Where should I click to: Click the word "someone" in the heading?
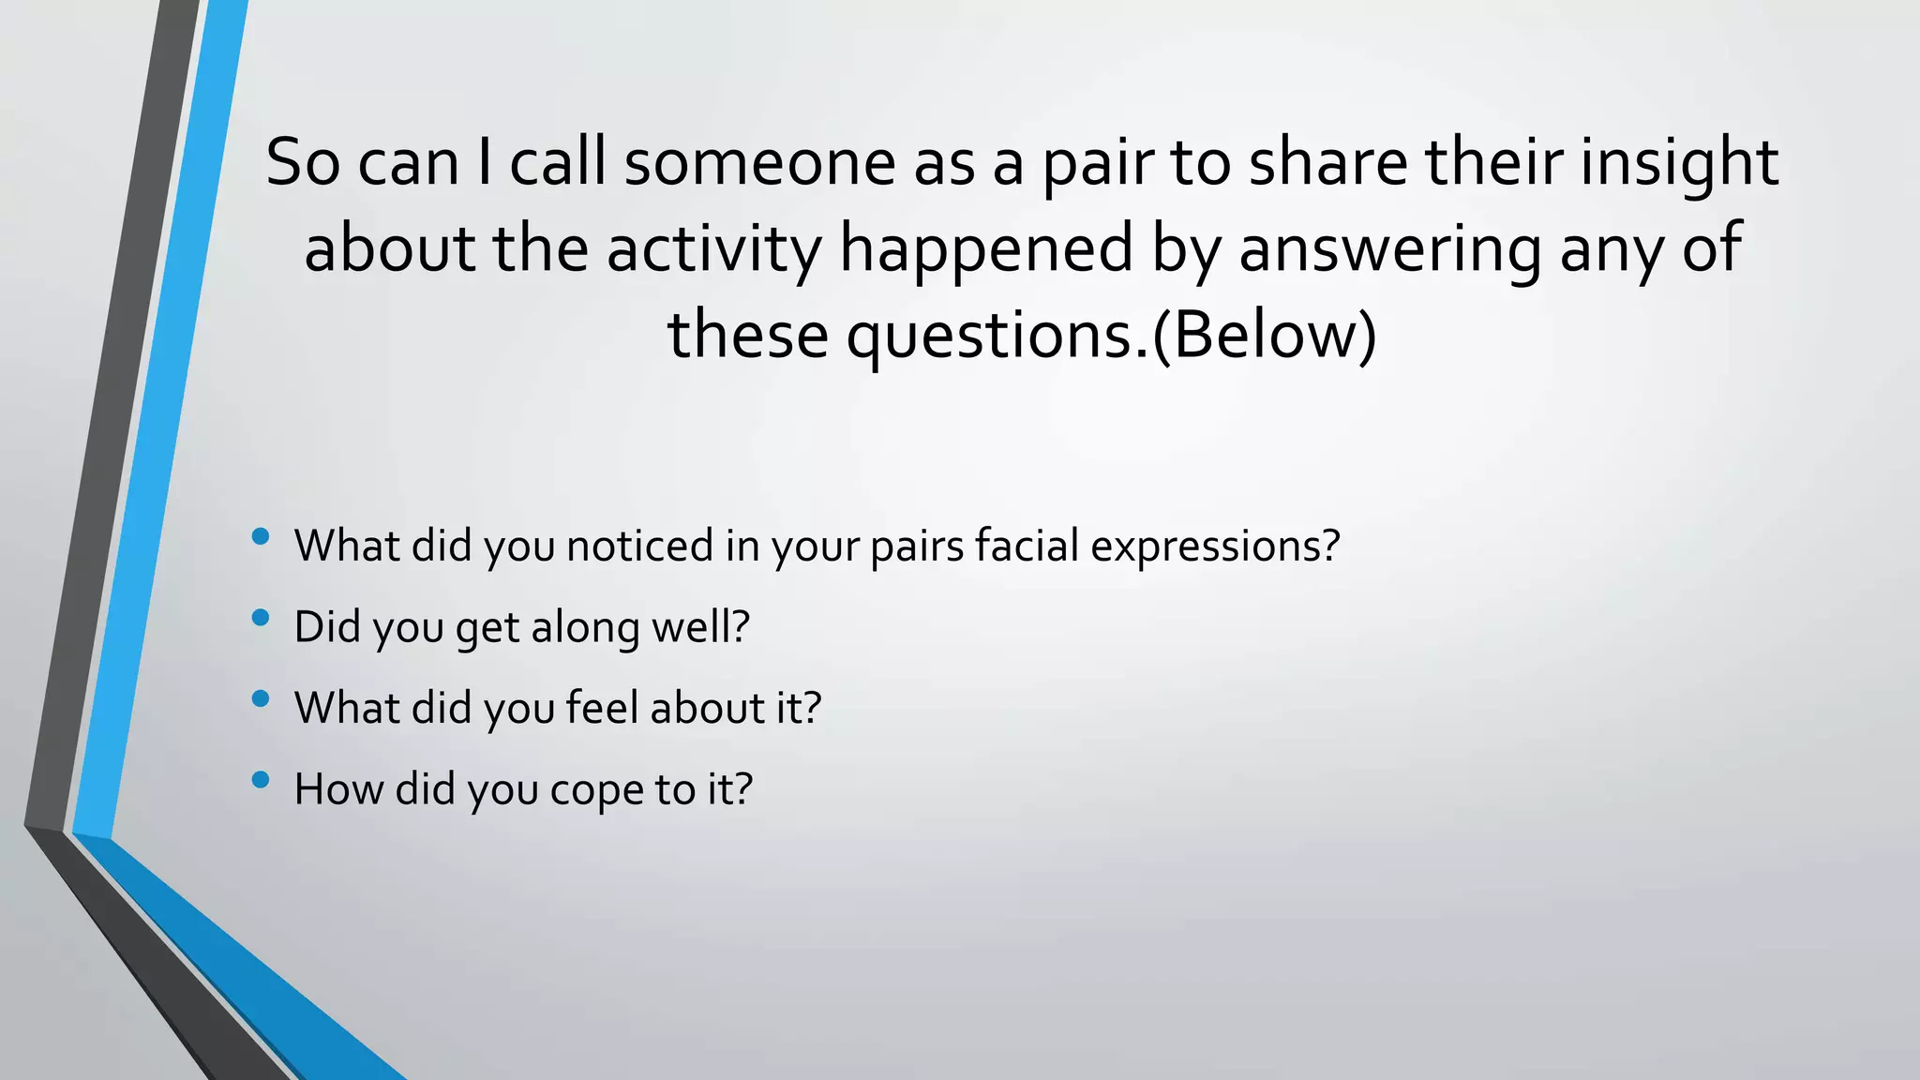pyautogui.click(x=759, y=162)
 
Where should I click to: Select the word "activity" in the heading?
pyautogui.click(x=713, y=248)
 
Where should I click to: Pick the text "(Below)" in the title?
pyautogui.click(x=1265, y=335)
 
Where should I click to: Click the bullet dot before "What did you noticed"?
pyautogui.click(x=262, y=536)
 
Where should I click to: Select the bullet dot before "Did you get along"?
pyautogui.click(x=262, y=618)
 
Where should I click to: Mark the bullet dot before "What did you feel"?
pyautogui.click(x=262, y=698)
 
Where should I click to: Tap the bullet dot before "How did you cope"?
pyautogui.click(x=262, y=780)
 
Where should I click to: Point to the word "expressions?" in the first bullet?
pyautogui.click(x=1216, y=546)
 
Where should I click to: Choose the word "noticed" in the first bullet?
pyautogui.click(x=640, y=546)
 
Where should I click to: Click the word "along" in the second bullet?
pyautogui.click(x=585, y=627)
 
